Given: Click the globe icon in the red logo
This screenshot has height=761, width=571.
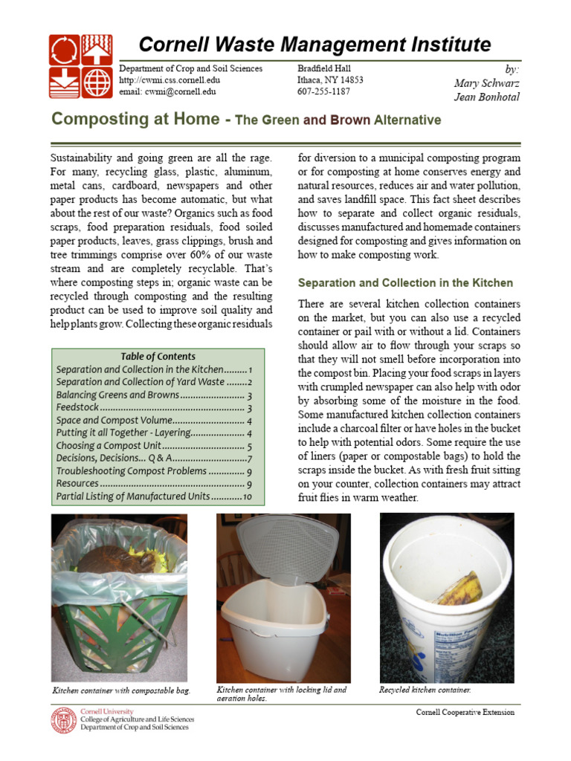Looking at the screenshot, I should tap(97, 82).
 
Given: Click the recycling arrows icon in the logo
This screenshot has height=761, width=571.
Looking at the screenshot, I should tap(65, 50).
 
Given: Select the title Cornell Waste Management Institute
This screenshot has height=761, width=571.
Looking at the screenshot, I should tap(314, 44).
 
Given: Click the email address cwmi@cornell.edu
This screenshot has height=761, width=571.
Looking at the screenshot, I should tap(167, 92).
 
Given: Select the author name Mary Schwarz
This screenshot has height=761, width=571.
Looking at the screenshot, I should tap(487, 83).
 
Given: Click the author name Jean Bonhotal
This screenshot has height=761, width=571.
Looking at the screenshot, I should tap(486, 97).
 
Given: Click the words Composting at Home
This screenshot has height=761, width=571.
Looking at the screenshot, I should tap(135, 120).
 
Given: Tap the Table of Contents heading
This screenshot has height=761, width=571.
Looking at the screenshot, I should tap(158, 356).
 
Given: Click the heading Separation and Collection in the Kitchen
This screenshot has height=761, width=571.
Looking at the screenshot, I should tap(405, 283).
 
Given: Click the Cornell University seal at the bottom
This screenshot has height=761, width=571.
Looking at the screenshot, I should tap(63, 721).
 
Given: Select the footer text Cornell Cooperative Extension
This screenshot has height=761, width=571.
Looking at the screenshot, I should tap(465, 712).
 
